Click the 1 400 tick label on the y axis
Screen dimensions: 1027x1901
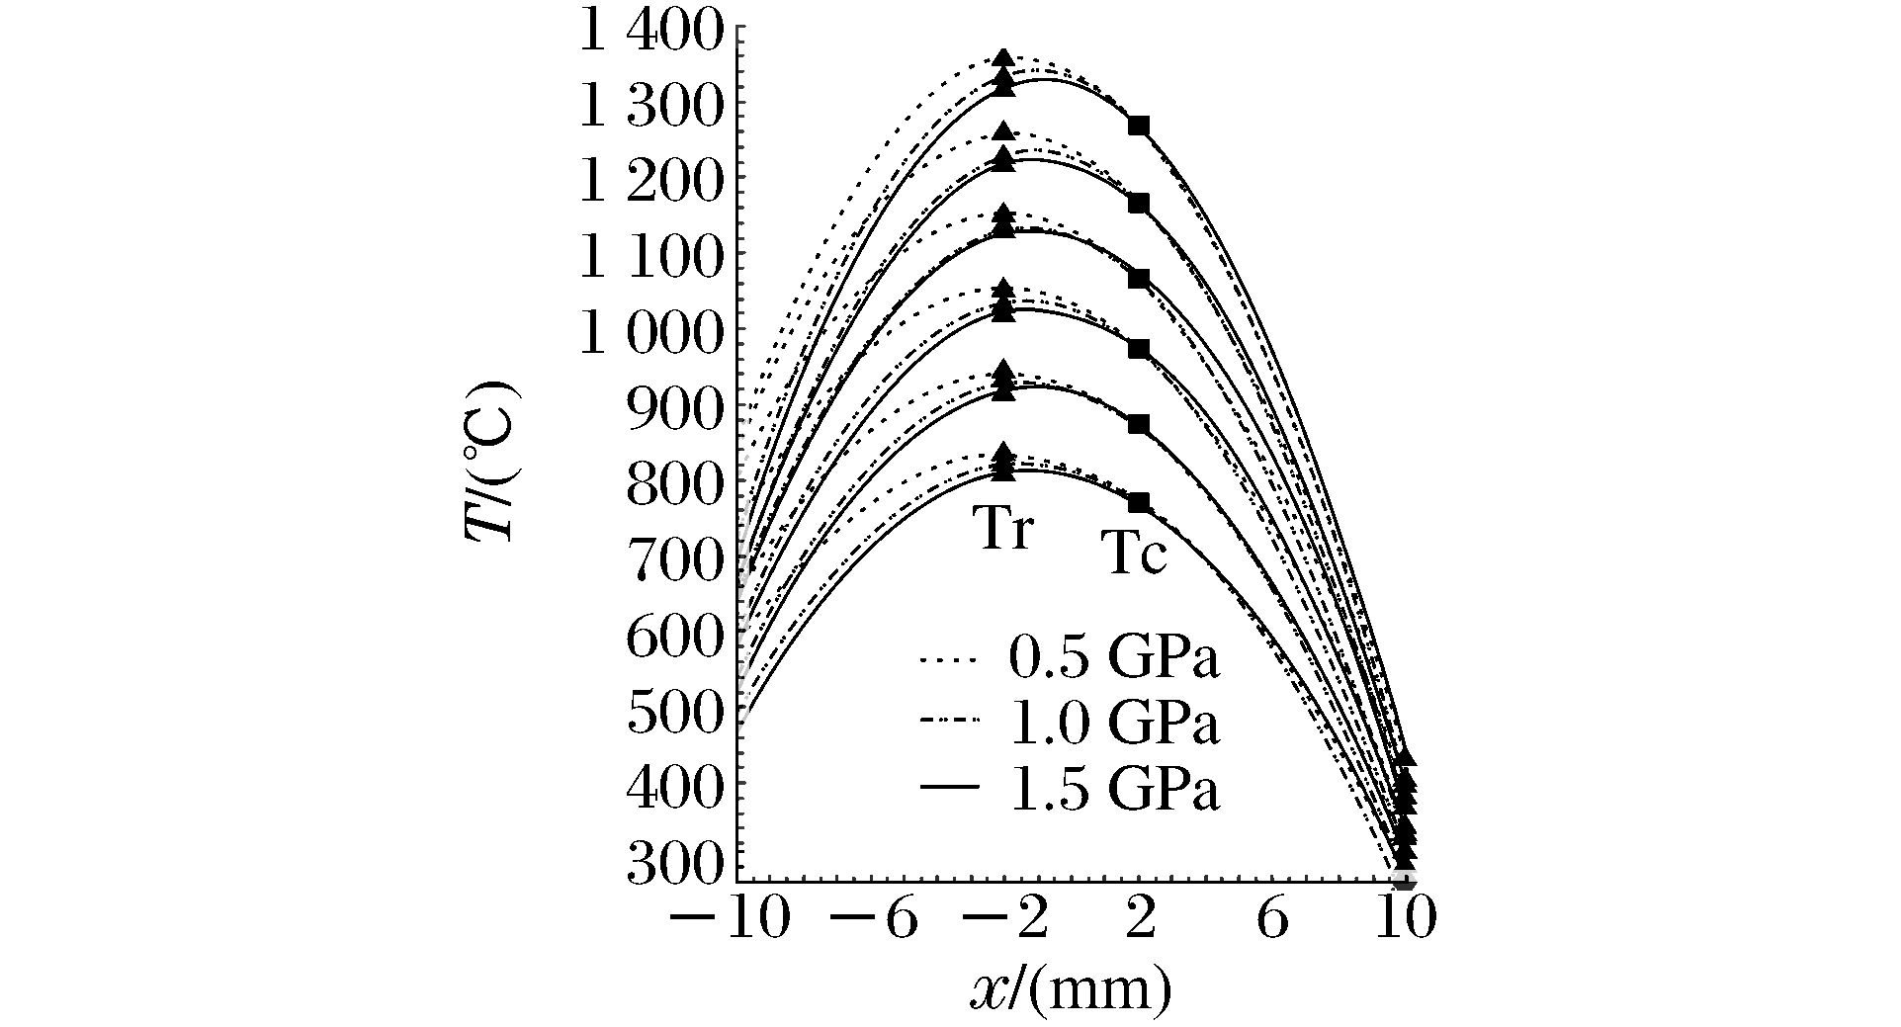[x=653, y=35]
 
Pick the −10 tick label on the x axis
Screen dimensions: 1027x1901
[x=730, y=920]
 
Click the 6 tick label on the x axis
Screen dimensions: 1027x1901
[x=1272, y=920]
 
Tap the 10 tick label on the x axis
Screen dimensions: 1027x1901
[x=1406, y=920]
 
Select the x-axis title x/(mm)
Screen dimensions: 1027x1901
[x=1071, y=989]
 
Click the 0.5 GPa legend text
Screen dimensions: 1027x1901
[x=1114, y=659]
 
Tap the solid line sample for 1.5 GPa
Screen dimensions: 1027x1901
[x=949, y=788]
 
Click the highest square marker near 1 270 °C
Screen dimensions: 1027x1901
[x=1139, y=126]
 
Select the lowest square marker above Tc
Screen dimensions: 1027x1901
[x=1139, y=502]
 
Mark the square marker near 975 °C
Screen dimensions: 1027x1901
[x=1139, y=349]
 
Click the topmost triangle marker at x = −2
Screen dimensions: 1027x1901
[x=1004, y=58]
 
